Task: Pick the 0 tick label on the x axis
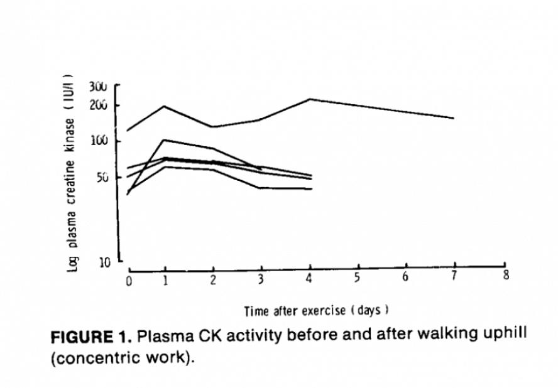tap(129, 280)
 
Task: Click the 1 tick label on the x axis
tap(166, 280)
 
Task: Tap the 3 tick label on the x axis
tap(260, 279)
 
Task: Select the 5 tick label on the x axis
tap(356, 279)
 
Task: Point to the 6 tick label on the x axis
tap(405, 278)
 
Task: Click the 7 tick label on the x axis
tap(454, 277)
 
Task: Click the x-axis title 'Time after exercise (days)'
tap(317, 310)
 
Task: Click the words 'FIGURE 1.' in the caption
tap(91, 337)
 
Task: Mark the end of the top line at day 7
tap(453, 117)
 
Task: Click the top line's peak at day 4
tap(310, 99)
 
